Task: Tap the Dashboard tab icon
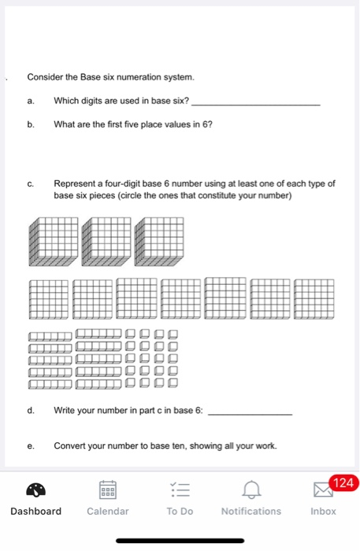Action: coord(35,491)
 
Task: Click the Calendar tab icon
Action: coord(108,491)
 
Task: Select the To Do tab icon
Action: coord(180,491)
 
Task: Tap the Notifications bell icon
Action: coord(251,491)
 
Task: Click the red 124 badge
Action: coord(344,482)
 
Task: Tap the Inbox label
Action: coord(323,512)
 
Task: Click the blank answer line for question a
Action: coord(256,105)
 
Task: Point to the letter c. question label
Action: coord(30,183)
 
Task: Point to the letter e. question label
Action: coord(30,446)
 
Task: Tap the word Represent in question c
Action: coord(76,183)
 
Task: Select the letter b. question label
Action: coord(30,124)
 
